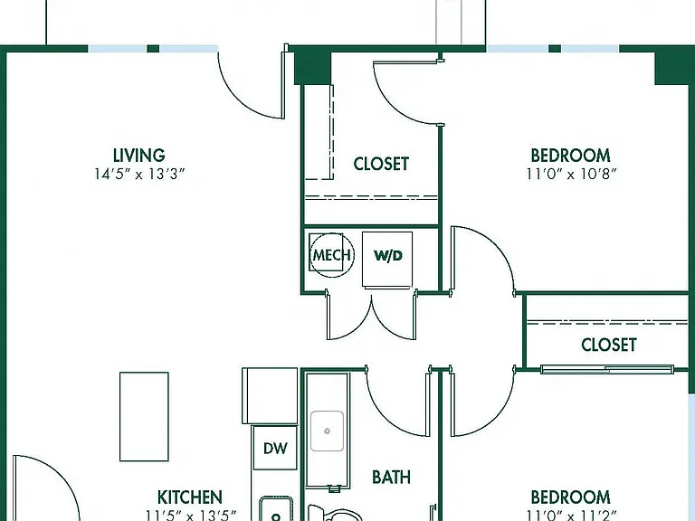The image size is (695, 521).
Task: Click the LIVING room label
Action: pos(139,156)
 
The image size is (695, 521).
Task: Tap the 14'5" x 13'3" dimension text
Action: pos(139,174)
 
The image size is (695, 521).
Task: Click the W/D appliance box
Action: pos(387,260)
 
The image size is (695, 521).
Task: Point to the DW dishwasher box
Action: pos(275,448)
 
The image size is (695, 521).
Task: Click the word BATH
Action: pos(391,478)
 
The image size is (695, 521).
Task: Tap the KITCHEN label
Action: pos(190,497)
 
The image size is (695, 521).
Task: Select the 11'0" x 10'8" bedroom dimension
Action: pos(571,174)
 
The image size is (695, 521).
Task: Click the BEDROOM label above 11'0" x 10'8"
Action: pos(570,156)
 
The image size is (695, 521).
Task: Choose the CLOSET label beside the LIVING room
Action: pos(381,164)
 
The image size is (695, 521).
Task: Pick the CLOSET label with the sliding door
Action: pos(609,345)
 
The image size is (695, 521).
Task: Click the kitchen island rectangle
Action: pos(144,416)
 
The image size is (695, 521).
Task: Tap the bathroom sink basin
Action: pos(327,431)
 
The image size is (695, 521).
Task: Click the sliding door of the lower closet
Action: pos(607,369)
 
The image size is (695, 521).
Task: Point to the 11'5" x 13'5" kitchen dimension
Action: pos(191,516)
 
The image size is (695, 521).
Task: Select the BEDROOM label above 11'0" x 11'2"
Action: pos(570,497)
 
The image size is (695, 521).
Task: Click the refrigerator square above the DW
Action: pos(270,395)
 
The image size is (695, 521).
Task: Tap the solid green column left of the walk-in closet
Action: pos(312,68)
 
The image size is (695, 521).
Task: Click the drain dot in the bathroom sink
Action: pos(327,431)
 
